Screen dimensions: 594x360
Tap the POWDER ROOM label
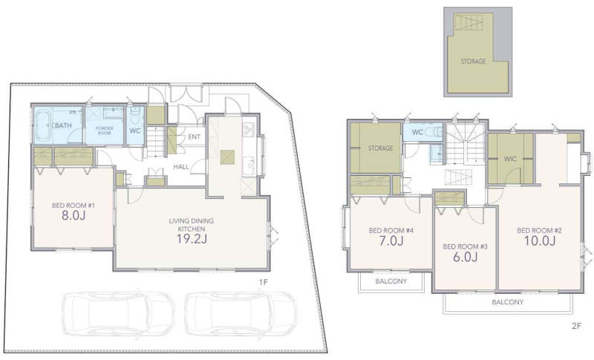(104, 131)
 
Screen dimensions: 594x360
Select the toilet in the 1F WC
(136, 117)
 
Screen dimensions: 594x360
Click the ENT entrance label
(195, 137)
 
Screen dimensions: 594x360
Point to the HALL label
(181, 166)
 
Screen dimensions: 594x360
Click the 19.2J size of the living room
(192, 238)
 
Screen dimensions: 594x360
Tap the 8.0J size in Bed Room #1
(73, 215)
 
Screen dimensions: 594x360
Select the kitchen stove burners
(248, 129)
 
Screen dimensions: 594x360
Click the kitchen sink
(249, 164)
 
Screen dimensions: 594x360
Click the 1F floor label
(264, 282)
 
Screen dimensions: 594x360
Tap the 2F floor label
(576, 326)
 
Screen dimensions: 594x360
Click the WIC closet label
(510, 159)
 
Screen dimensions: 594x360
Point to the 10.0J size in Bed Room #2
(540, 240)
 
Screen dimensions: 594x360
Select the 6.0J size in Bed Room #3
(466, 257)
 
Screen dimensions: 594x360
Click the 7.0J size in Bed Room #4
(391, 240)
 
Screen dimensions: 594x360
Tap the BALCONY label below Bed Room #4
(391, 281)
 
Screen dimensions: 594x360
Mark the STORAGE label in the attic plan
(473, 61)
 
